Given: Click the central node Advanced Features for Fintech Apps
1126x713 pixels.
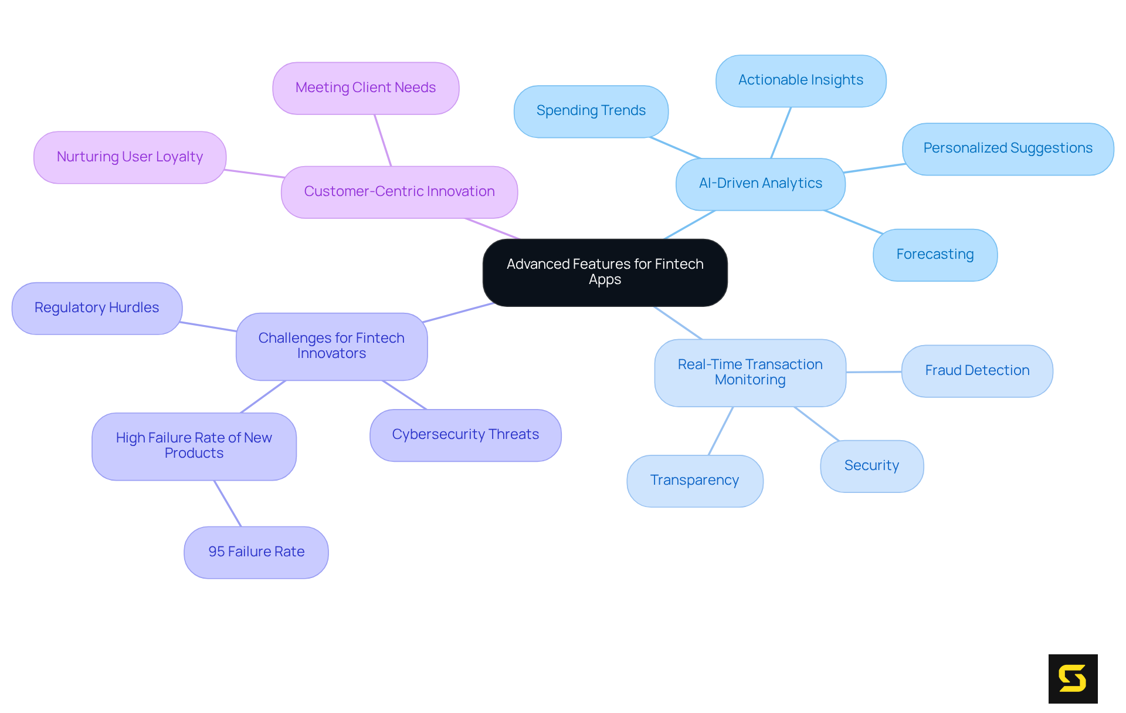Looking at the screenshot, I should point(605,272).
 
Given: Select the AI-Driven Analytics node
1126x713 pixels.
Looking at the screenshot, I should point(760,184).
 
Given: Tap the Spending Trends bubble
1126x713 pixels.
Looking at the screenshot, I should point(591,111).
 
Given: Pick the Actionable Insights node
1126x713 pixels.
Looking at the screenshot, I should point(801,80).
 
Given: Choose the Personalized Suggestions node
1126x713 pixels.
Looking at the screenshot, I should point(1007,148).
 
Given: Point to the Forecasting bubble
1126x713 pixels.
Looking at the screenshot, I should point(935,255).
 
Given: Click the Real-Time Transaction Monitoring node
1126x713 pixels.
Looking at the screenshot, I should point(749,372).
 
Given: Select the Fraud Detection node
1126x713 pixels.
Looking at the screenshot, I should point(976,371).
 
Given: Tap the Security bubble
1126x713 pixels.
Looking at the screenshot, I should point(871,466).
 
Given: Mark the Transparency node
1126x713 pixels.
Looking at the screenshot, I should point(694,481).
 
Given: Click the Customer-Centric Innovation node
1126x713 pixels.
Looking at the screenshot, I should point(399,192).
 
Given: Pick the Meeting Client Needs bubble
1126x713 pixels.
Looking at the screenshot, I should point(365,88).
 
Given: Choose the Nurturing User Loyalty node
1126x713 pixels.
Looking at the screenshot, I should point(130,157).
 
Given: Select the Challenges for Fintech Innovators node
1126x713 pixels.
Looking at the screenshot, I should point(331,346).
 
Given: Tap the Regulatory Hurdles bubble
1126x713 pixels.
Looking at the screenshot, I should point(97,308).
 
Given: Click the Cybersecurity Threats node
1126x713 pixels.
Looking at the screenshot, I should point(465,435).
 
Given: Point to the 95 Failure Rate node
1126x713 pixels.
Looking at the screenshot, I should point(256,552).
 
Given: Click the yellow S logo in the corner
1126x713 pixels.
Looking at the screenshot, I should point(1073,678).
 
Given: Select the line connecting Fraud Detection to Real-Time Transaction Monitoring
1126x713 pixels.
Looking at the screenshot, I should point(874,371).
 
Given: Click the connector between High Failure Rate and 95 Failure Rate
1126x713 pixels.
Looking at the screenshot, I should point(228,504).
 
